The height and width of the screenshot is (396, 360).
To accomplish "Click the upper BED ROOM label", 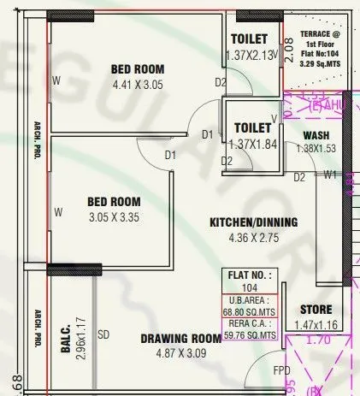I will pyautogui.click(x=139, y=68).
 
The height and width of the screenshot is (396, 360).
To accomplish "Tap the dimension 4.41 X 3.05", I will pyautogui.click(x=139, y=85).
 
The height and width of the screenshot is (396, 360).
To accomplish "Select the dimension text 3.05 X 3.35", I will pyautogui.click(x=114, y=217).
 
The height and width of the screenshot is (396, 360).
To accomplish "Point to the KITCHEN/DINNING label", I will pyautogui.click(x=253, y=222).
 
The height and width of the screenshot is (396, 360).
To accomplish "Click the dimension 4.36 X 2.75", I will pyautogui.click(x=253, y=239).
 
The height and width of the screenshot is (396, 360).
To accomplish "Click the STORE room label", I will pyautogui.click(x=316, y=309).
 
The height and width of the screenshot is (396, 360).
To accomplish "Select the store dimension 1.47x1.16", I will pyautogui.click(x=316, y=326).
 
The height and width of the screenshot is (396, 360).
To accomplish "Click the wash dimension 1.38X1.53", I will pyautogui.click(x=317, y=149).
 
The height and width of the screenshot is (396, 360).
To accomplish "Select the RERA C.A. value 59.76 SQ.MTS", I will pyautogui.click(x=251, y=335).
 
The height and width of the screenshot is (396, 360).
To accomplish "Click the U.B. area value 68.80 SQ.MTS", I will pyautogui.click(x=251, y=312).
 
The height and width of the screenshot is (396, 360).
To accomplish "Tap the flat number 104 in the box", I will pyautogui.click(x=251, y=289).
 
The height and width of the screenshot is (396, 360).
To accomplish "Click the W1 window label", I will pyautogui.click(x=330, y=176).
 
